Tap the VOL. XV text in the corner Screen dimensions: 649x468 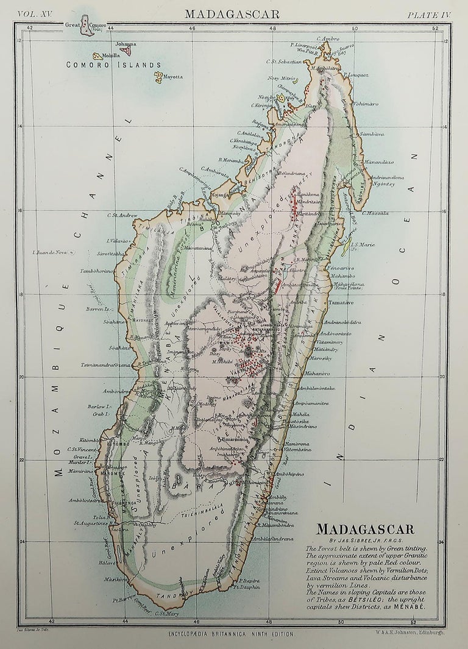tap(36, 13)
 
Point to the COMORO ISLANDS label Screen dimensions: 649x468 tap(113, 65)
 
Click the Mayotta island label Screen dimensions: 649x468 tap(172, 77)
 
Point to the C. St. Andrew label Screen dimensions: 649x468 tap(124, 215)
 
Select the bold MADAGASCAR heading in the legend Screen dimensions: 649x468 tap(374, 529)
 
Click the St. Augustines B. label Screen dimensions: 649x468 tap(91, 522)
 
